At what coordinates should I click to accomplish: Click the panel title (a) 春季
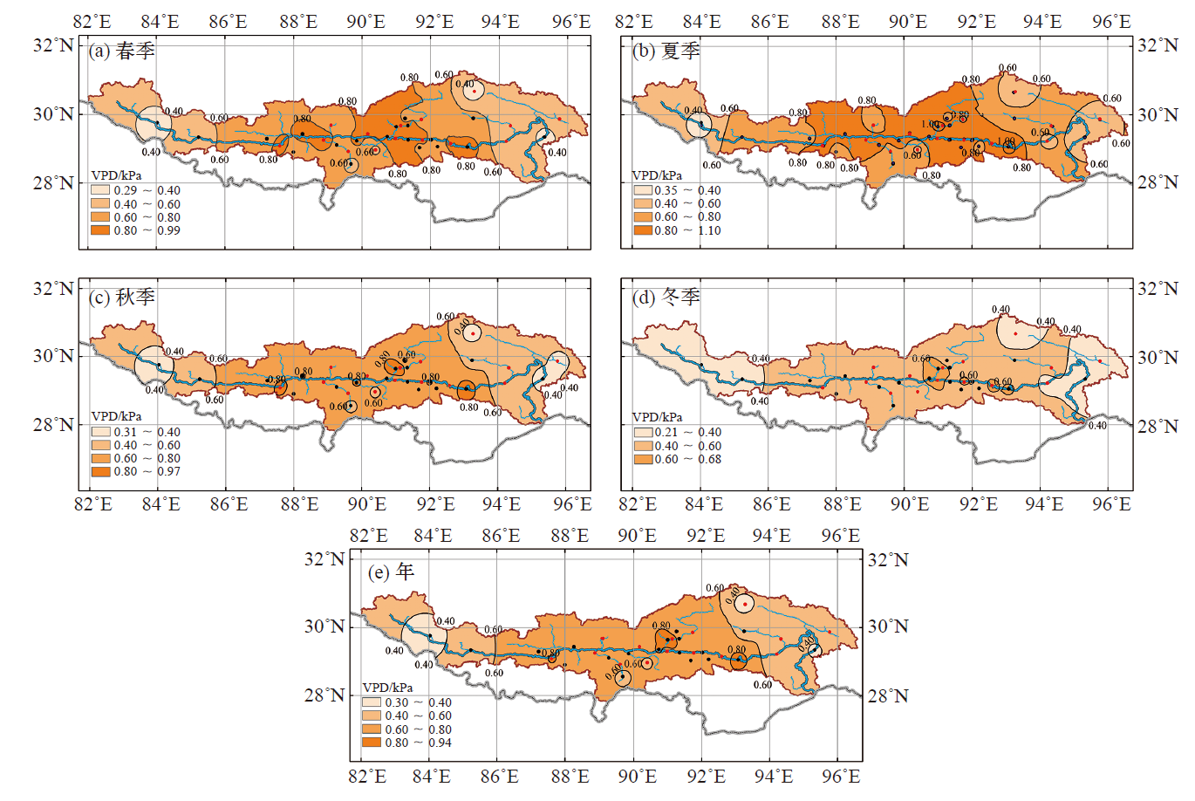pos(121,51)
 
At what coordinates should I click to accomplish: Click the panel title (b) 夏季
pos(666,51)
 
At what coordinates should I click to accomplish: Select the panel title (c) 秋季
pos(121,298)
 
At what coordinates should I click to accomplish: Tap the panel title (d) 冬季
pos(666,298)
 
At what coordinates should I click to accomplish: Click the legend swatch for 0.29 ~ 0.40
pos(100,190)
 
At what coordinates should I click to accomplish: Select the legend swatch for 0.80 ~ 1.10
pos(643,230)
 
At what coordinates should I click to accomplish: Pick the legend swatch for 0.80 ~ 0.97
pos(100,471)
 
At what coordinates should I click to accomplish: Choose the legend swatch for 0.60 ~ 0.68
pos(643,459)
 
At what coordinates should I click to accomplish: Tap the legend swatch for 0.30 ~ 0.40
pos(372,702)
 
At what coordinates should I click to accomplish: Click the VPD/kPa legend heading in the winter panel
pos(657,418)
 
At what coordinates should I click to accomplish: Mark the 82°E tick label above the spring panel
pos(93,22)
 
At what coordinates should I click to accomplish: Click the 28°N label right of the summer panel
pos(1158,182)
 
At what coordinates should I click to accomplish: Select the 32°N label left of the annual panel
pos(324,559)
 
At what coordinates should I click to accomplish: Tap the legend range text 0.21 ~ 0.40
pos(688,432)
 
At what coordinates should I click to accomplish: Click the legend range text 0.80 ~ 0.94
pos(419,743)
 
